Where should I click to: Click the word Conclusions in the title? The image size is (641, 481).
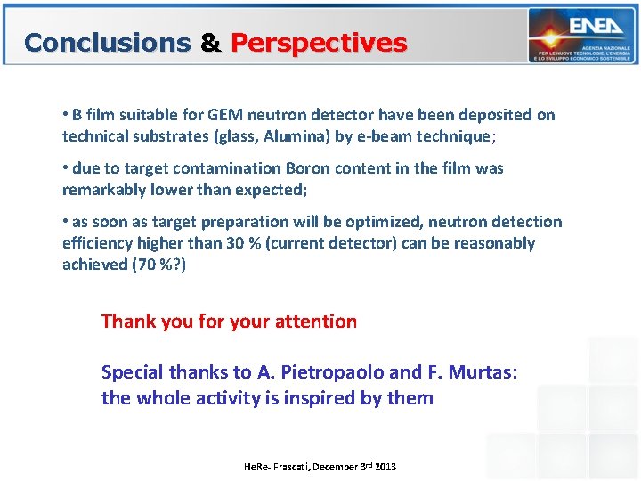pyautogui.click(x=108, y=43)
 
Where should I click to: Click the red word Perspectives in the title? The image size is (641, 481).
pyautogui.click(x=319, y=43)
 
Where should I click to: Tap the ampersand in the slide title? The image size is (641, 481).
pyautogui.click(x=211, y=43)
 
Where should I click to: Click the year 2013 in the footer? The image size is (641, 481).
pyautogui.click(x=385, y=467)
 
